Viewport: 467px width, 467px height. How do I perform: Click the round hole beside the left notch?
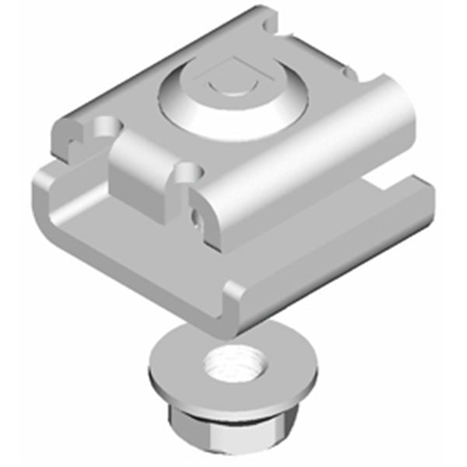[x=105, y=125]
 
